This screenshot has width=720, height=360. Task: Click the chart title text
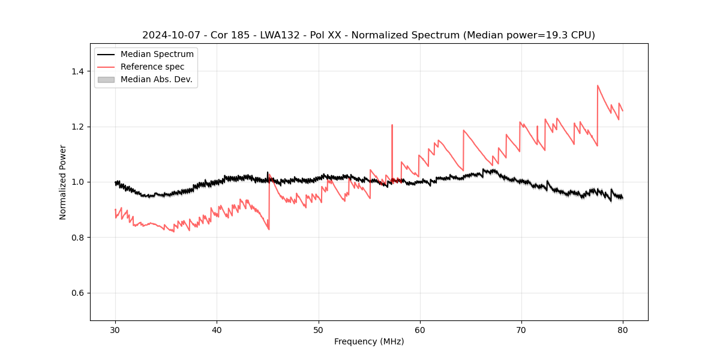[x=368, y=35]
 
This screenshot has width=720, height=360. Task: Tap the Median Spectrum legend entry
[x=157, y=55]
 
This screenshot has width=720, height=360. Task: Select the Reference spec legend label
[x=152, y=67]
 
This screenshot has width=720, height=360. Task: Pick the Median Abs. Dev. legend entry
[x=156, y=79]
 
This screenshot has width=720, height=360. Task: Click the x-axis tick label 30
[x=115, y=330]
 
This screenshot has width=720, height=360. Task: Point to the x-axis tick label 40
[x=217, y=330]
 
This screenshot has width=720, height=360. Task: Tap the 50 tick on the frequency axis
[x=318, y=330]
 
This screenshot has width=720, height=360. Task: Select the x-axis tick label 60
[x=419, y=330]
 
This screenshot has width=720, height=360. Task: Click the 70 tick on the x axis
[x=521, y=330]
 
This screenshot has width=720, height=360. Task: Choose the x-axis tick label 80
[x=622, y=330]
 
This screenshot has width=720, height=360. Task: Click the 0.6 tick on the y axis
[x=77, y=293]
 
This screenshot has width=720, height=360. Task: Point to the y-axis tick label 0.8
[x=77, y=238]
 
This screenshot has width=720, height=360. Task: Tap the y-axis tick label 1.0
[x=77, y=182]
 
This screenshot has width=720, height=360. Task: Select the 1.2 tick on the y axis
[x=77, y=127]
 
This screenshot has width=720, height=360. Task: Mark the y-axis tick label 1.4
[x=77, y=71]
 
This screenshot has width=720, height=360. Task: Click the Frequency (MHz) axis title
[x=369, y=342]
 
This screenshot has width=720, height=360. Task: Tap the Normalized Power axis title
[x=63, y=182]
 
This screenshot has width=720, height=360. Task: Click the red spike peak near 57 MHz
[x=392, y=125]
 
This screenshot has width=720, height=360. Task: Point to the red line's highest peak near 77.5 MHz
[x=598, y=85]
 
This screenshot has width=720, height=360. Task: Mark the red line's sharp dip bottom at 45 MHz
[x=269, y=229]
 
